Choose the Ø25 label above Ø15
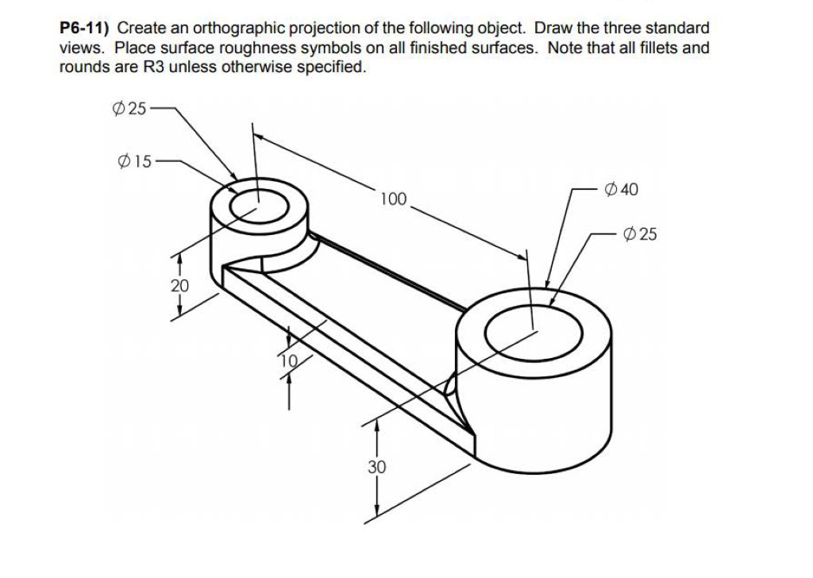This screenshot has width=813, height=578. point(129,109)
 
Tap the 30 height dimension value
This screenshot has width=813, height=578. point(376,467)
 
